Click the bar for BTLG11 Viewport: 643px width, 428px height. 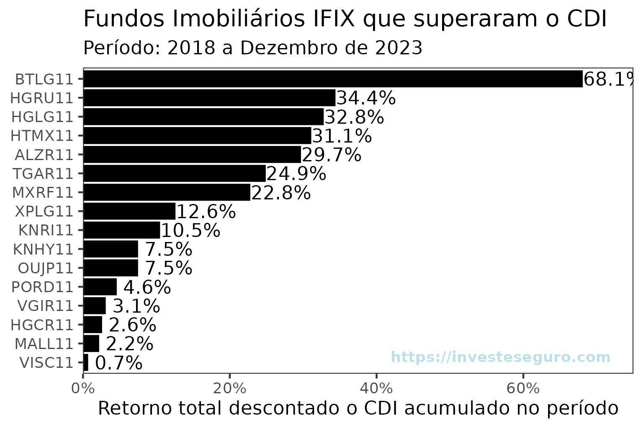click(x=333, y=79)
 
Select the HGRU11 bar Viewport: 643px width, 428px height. click(x=209, y=98)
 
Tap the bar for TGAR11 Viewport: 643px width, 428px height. click(x=175, y=173)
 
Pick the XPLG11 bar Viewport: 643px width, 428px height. click(x=129, y=211)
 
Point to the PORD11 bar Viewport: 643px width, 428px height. click(x=100, y=287)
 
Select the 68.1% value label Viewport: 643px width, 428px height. click(x=609, y=79)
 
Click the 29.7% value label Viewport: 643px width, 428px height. click(x=331, y=155)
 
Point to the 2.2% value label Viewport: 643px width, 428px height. click(x=130, y=344)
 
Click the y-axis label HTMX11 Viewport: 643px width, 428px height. click(x=42, y=136)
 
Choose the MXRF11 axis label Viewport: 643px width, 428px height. click(x=43, y=193)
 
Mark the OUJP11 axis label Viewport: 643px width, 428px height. click(x=46, y=268)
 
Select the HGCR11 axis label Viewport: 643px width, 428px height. click(x=42, y=325)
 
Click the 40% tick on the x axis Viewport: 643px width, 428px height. click(x=376, y=389)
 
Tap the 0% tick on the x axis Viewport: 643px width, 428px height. click(x=83, y=389)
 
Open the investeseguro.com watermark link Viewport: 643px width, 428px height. click(x=500, y=357)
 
